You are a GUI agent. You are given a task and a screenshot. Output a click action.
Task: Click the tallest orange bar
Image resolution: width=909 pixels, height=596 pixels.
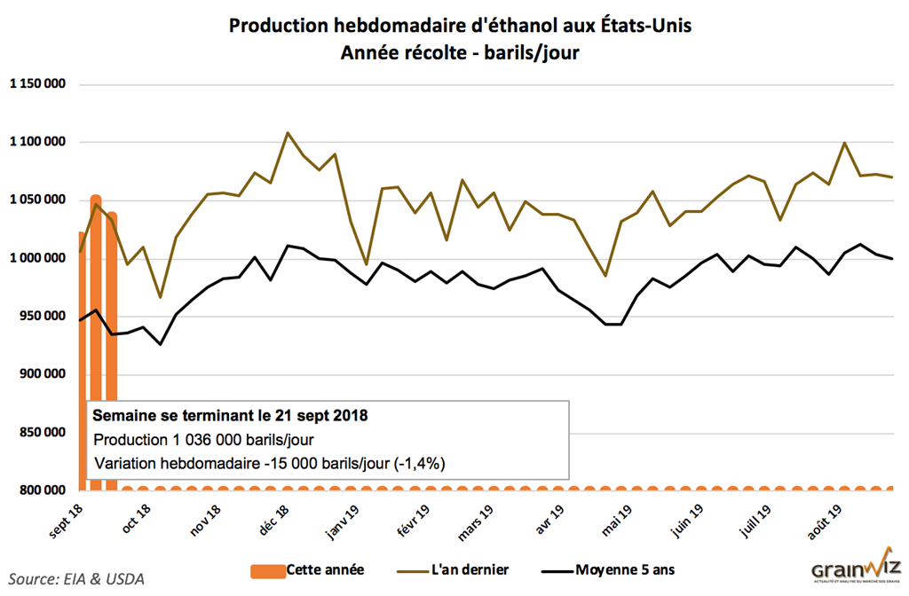[x=96, y=337]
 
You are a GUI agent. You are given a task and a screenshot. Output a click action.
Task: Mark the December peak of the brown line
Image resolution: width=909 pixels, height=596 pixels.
[x=288, y=133]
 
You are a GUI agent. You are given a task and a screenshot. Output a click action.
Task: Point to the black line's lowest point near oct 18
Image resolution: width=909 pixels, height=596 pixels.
[x=161, y=344]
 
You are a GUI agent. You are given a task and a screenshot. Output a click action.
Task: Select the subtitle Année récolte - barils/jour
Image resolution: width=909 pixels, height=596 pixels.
[x=460, y=53]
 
